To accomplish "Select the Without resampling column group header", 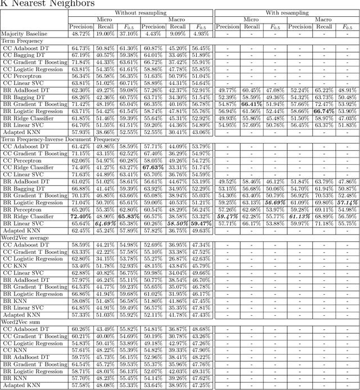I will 140,12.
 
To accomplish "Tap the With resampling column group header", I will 287,12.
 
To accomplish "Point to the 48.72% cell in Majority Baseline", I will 80,34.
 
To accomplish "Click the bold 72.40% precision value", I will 80,217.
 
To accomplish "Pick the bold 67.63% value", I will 153,167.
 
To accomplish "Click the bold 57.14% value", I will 348,203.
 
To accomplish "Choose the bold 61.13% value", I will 300,217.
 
